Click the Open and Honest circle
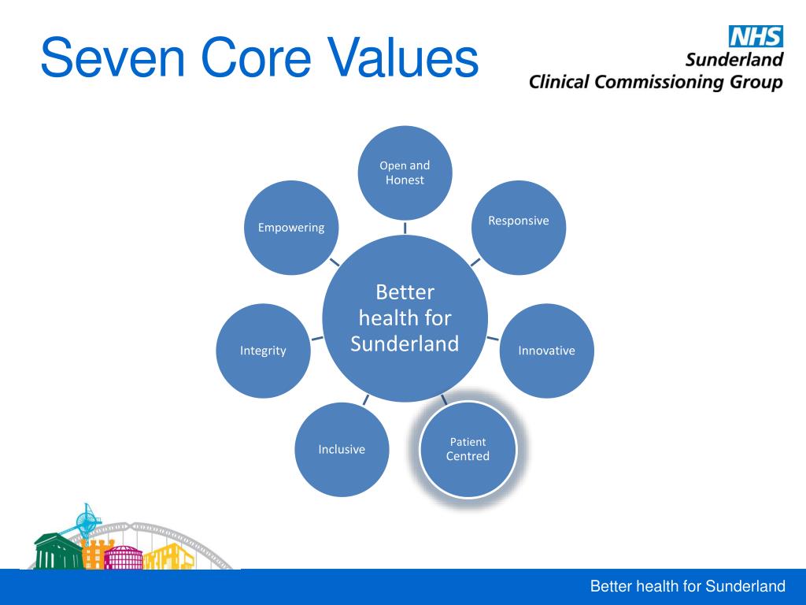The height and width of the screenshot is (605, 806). pyautogui.click(x=405, y=173)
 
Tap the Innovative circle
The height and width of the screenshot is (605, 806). pyautogui.click(x=546, y=351)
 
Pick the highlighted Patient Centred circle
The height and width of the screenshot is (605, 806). pyautogui.click(x=468, y=450)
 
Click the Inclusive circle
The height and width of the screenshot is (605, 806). pyautogui.click(x=342, y=450)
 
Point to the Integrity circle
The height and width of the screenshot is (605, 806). pyautogui.click(x=263, y=351)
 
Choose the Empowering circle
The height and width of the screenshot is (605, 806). pyautogui.click(x=291, y=228)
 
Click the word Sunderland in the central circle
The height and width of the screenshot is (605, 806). pyautogui.click(x=405, y=344)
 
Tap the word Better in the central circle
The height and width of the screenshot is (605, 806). pyautogui.click(x=405, y=292)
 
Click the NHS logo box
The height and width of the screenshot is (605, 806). pyautogui.click(x=755, y=36)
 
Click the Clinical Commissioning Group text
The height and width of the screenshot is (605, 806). pyautogui.click(x=656, y=82)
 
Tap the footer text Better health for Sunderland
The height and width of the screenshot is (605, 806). pyautogui.click(x=687, y=586)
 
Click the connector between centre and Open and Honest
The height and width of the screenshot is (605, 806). pyautogui.click(x=405, y=228)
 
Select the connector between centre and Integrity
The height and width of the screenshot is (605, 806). pyautogui.click(x=317, y=338)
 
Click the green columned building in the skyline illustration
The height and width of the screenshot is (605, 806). pyautogui.click(x=57, y=551)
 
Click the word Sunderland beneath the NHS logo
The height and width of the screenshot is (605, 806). pyautogui.click(x=734, y=60)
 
